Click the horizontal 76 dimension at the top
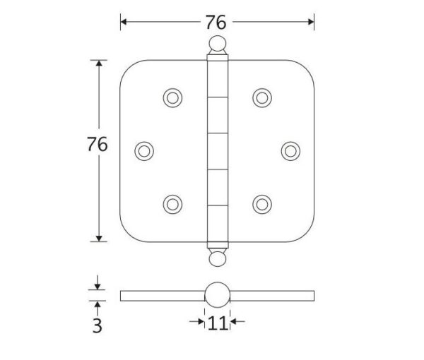(x=216, y=22)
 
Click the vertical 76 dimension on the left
(x=98, y=144)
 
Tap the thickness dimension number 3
(x=98, y=325)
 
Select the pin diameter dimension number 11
(x=217, y=323)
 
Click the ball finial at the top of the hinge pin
(x=218, y=43)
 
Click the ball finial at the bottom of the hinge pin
(x=218, y=259)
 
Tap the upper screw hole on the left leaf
(x=172, y=97)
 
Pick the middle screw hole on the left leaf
(x=144, y=151)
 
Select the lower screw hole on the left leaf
(x=172, y=205)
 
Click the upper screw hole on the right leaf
(x=262, y=97)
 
